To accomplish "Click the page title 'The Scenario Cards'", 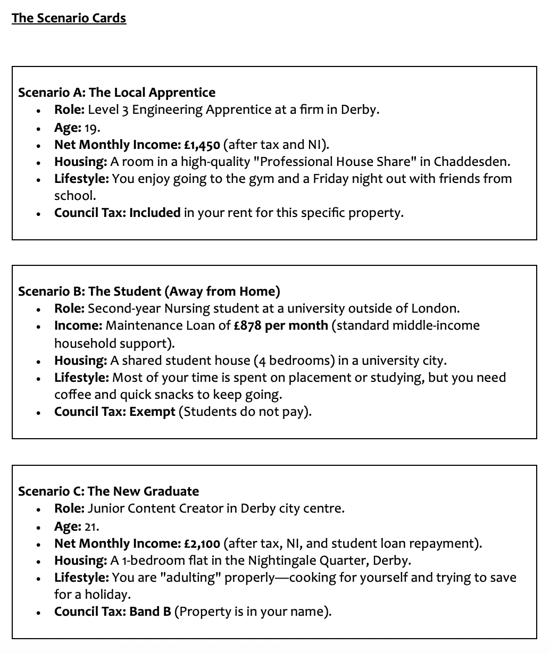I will [x=69, y=18].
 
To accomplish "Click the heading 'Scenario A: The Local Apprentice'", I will [x=116, y=93].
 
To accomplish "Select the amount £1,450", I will [x=202, y=145].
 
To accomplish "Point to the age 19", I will [x=92, y=128].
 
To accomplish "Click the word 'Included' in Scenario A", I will [x=155, y=213].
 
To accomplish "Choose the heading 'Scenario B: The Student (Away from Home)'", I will [x=149, y=291].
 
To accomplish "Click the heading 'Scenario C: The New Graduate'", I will [x=109, y=491].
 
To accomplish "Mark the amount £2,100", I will [x=202, y=543].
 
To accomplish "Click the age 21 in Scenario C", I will [x=91, y=526].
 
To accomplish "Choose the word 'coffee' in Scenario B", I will [x=71, y=395].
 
